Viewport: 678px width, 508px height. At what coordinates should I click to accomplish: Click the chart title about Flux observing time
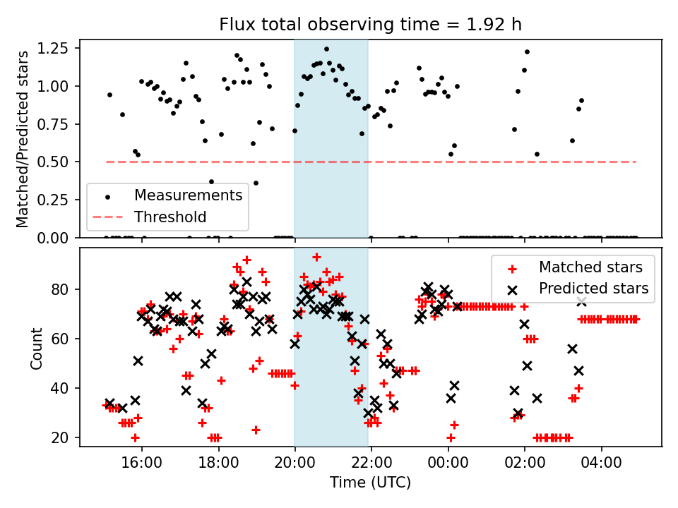coord(370,25)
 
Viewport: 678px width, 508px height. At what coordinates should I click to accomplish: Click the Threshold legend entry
coord(170,217)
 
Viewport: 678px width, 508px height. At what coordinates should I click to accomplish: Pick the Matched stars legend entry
coord(590,267)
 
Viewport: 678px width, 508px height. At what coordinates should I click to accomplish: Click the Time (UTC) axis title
coord(370,483)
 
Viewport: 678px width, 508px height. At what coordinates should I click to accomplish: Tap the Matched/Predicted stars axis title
coord(23,138)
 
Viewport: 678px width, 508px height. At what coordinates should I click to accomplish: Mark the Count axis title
coord(36,348)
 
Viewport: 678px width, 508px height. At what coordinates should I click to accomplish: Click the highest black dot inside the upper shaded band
coord(326,49)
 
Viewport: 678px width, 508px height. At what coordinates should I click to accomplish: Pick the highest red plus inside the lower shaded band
coord(316,257)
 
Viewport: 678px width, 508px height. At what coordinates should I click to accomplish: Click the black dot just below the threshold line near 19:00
coord(256,183)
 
